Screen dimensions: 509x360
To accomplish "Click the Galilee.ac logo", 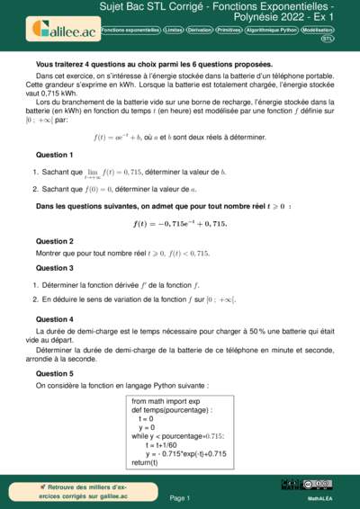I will (x=62, y=29).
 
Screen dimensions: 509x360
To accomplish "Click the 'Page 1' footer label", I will (x=180, y=497).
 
